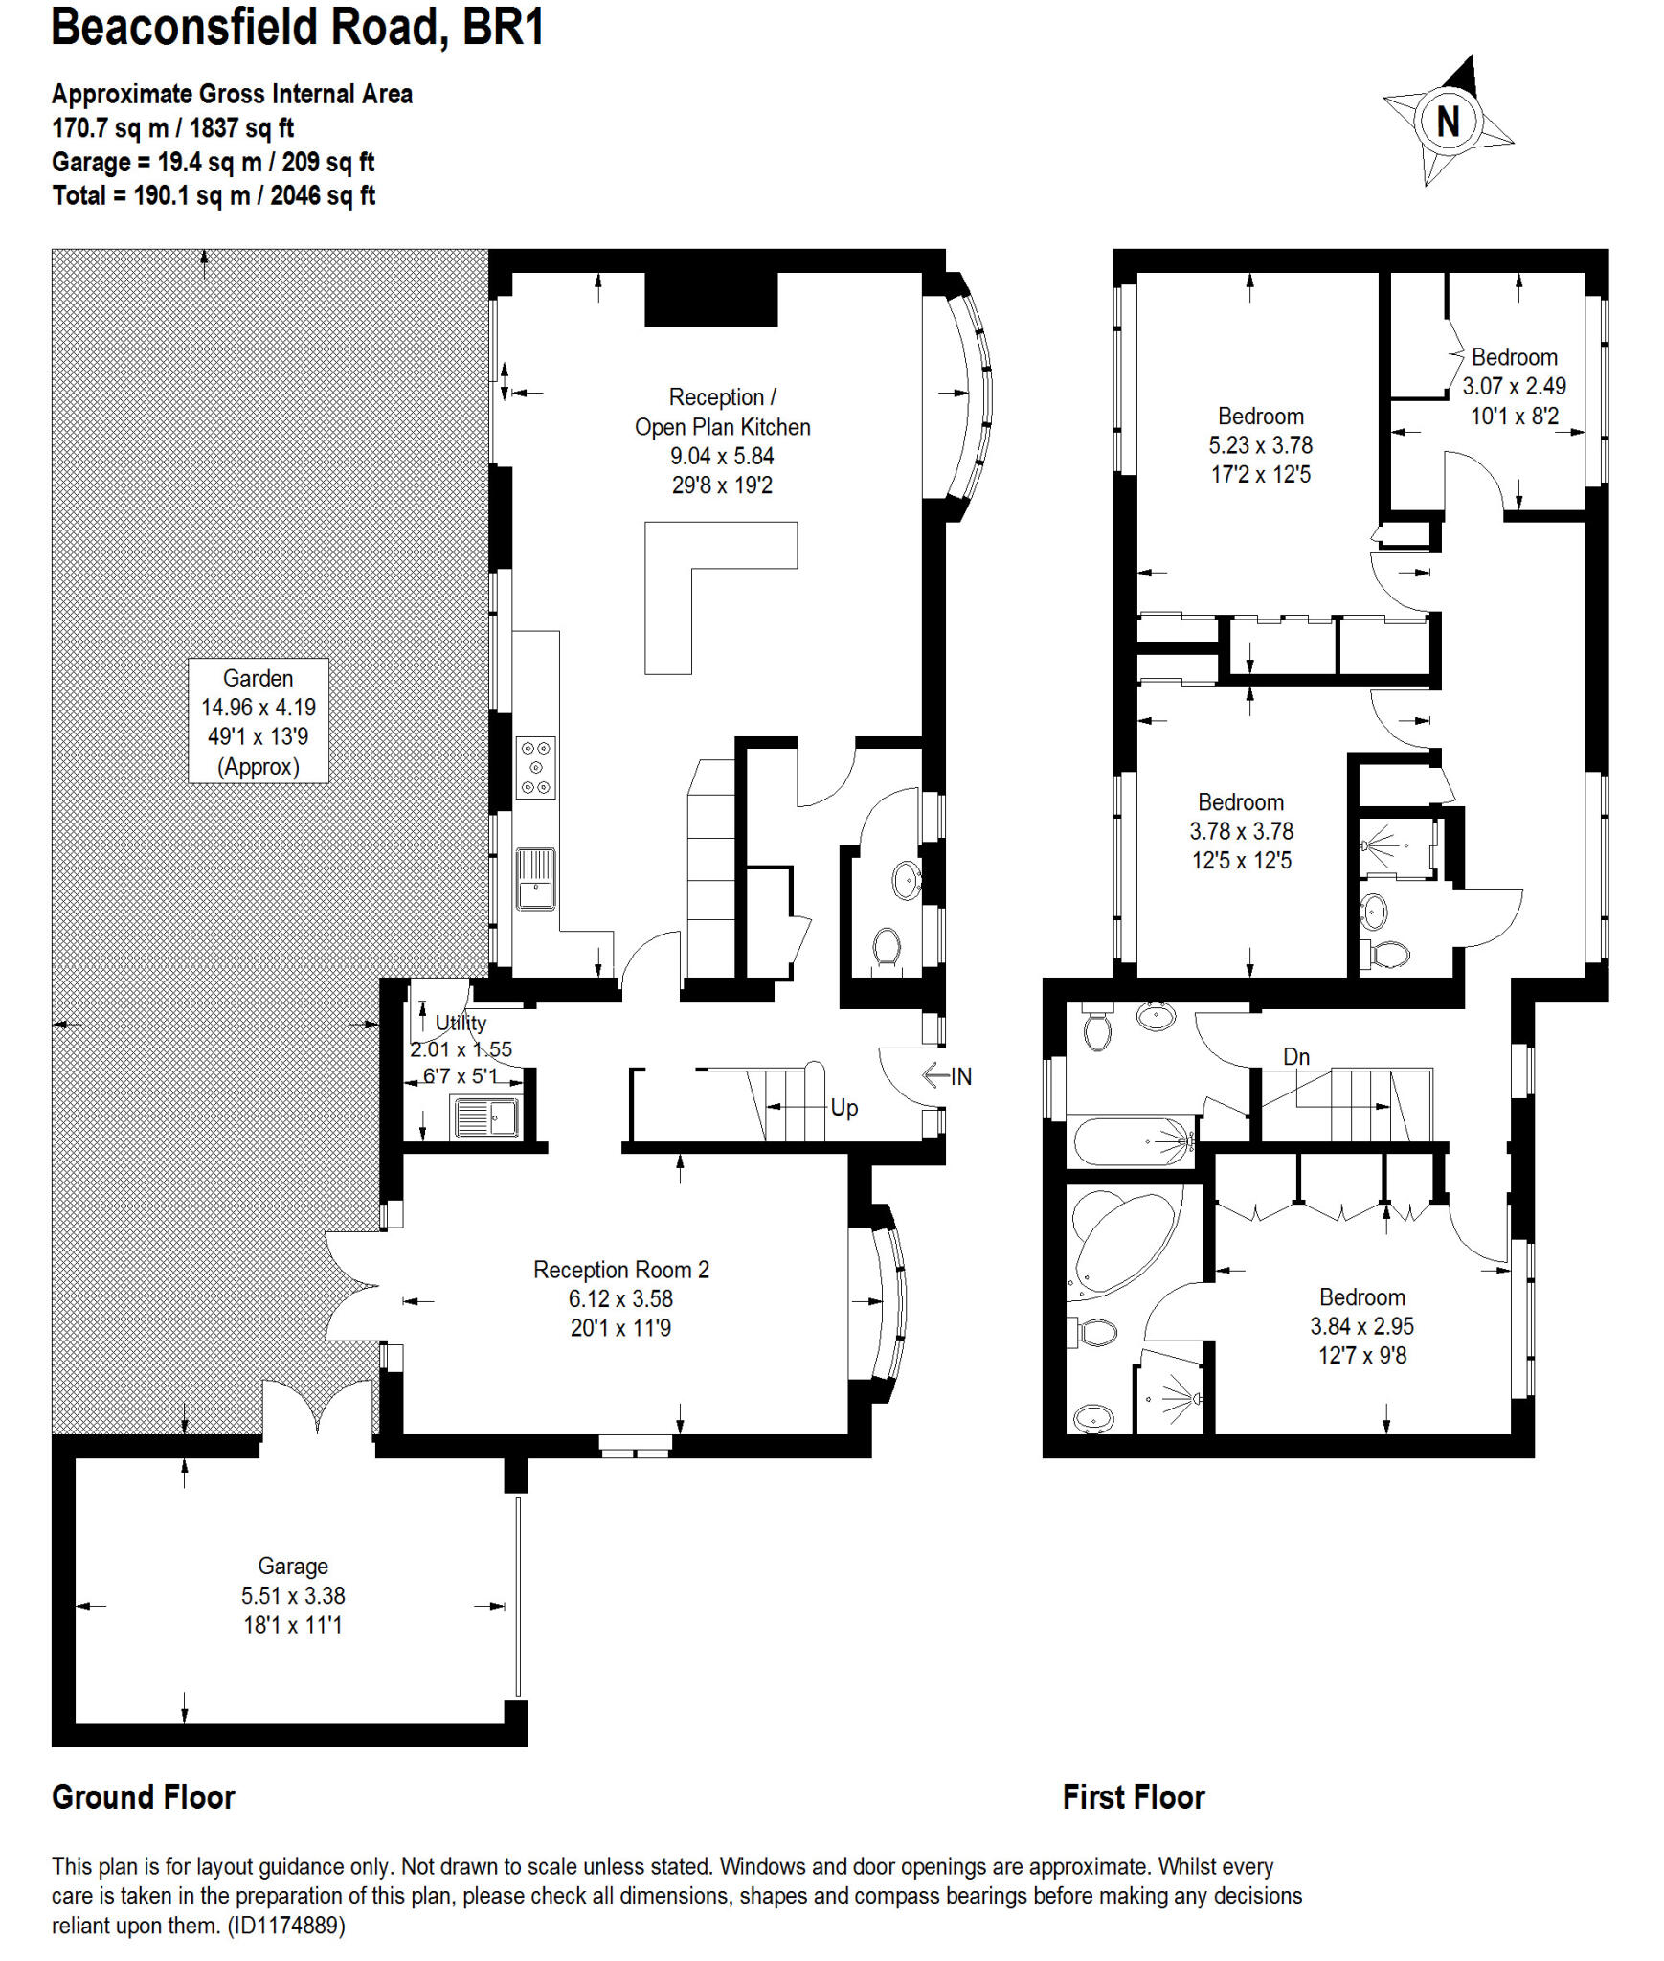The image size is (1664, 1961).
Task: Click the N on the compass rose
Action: [1448, 122]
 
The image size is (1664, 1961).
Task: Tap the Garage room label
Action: [293, 1566]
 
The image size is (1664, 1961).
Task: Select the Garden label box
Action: [259, 721]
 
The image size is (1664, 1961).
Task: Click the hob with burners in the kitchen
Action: [535, 767]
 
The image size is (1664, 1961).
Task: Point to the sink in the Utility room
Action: [486, 1116]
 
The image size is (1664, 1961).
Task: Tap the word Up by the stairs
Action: [843, 1108]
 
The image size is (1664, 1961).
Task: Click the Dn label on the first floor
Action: [1296, 1056]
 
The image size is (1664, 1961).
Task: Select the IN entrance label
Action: [960, 1076]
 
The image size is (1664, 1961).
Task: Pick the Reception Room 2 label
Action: [621, 1270]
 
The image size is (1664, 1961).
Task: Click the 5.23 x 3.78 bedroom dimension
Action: [1260, 445]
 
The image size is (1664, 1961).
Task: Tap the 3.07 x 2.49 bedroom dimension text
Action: [1514, 386]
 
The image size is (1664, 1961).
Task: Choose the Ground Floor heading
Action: [144, 1797]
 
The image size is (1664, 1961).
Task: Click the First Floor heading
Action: [1134, 1797]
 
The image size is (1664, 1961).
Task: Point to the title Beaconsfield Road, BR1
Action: [298, 28]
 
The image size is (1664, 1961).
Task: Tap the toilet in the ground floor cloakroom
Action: [888, 947]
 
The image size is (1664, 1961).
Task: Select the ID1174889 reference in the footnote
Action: [285, 1926]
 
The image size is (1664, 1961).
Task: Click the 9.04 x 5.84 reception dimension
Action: [722, 456]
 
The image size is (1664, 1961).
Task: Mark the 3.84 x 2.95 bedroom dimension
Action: [1361, 1326]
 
